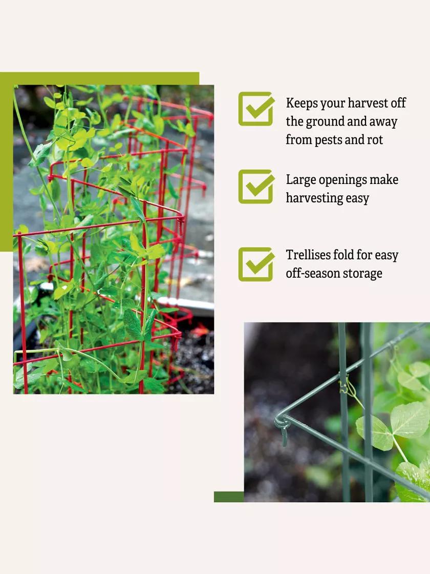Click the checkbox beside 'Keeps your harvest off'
tap(256, 109)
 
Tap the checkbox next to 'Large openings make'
tap(256, 187)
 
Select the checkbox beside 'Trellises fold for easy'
tap(256, 264)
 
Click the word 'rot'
tap(375, 140)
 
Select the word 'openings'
tap(342, 180)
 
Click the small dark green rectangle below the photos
tap(229, 497)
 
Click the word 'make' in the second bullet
tap(384, 179)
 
